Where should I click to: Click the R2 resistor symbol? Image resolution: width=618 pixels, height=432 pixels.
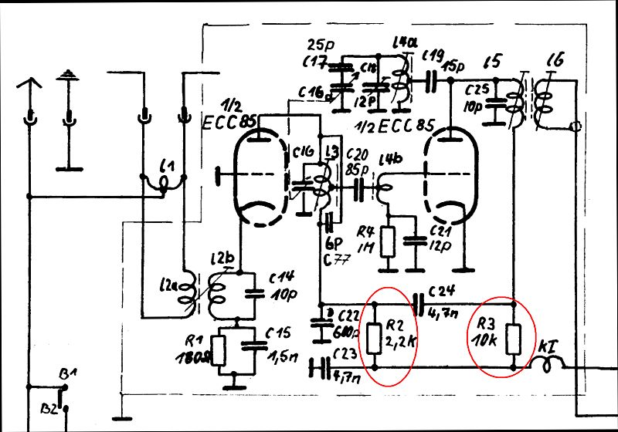tap(375, 338)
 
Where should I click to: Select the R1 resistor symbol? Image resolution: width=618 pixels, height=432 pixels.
tap(221, 351)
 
